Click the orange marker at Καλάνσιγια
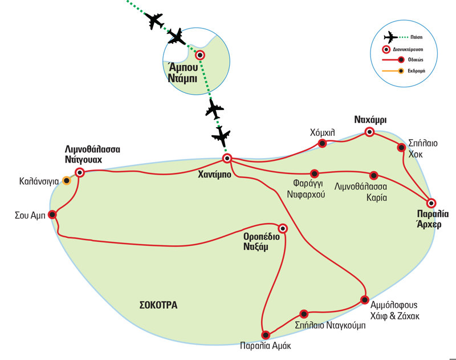[x=67, y=181]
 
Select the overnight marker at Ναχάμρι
[x=369, y=132]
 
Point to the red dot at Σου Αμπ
[x=52, y=215]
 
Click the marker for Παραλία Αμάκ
[x=265, y=335]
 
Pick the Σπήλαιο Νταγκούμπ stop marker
[x=304, y=313]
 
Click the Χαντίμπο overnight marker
[x=227, y=158]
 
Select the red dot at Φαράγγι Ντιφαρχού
[x=314, y=173]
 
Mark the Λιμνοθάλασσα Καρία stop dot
[x=374, y=175]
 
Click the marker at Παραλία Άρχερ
[x=431, y=203]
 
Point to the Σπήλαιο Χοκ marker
[x=401, y=147]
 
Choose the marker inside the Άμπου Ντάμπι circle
[x=200, y=55]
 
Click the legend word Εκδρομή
[x=418, y=71]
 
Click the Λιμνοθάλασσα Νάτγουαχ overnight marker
[x=80, y=172]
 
